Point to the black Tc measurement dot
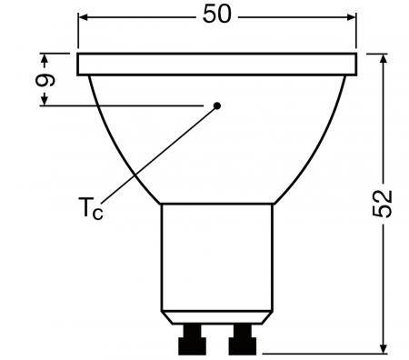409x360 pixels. coord(217,106)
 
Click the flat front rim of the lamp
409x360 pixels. coord(215,64)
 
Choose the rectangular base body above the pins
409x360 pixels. coord(215,264)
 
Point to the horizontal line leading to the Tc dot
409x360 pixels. coord(127,106)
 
